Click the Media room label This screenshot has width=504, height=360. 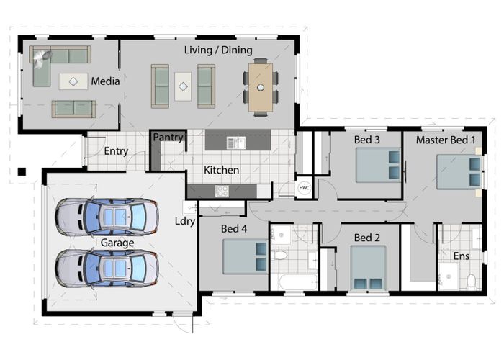(105, 81)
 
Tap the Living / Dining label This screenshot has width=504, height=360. (218, 50)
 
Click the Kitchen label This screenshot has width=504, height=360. (221, 171)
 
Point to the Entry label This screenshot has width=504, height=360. (116, 151)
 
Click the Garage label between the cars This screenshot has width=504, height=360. (117, 243)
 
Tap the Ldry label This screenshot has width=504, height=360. (184, 221)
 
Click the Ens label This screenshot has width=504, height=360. (460, 256)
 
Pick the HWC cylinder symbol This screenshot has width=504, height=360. (304, 187)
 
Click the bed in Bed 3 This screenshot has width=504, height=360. (378, 166)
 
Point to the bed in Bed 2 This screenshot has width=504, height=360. (368, 268)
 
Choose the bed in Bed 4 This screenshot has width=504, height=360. (245, 256)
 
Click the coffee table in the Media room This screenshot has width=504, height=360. (73, 81)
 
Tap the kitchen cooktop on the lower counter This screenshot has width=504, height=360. (222, 191)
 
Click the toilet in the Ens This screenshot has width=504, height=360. (471, 280)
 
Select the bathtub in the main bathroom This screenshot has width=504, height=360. (295, 282)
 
